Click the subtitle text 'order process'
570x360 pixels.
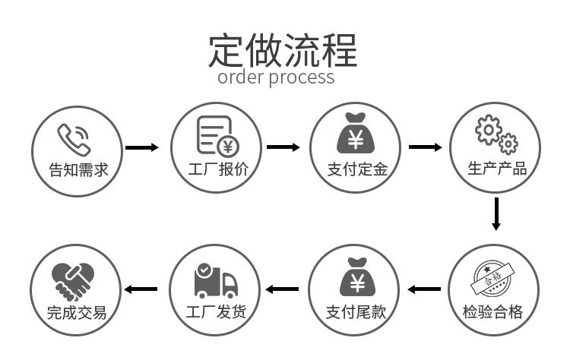pyautogui.click(x=276, y=77)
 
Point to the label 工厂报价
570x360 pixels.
pyautogui.click(x=217, y=169)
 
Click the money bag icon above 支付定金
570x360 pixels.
pyautogui.click(x=356, y=134)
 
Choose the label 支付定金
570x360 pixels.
pyautogui.click(x=356, y=169)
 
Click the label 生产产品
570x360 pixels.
pyautogui.click(x=496, y=169)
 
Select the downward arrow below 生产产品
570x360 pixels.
pyautogui.click(x=496, y=213)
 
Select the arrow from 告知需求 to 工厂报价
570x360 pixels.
pyautogui.click(x=142, y=147)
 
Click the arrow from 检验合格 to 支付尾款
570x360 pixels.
pyautogui.click(x=424, y=289)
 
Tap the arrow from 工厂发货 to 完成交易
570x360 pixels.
pyautogui.click(x=141, y=289)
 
